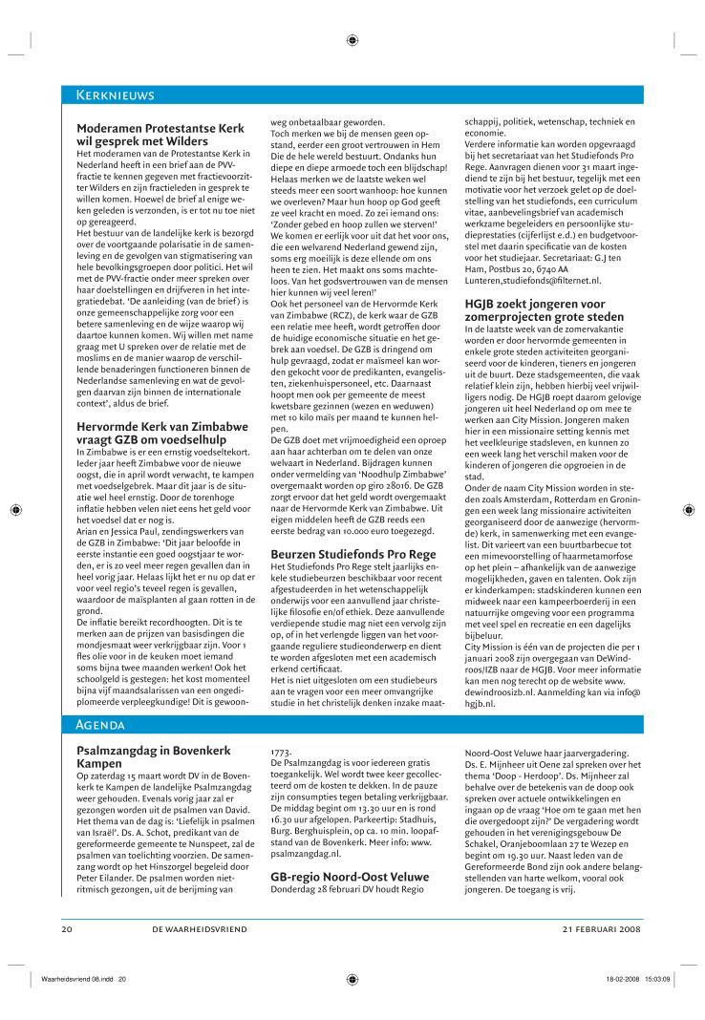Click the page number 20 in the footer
[x=67, y=929]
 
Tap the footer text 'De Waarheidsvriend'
[x=199, y=929]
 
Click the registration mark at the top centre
[x=352, y=40]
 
